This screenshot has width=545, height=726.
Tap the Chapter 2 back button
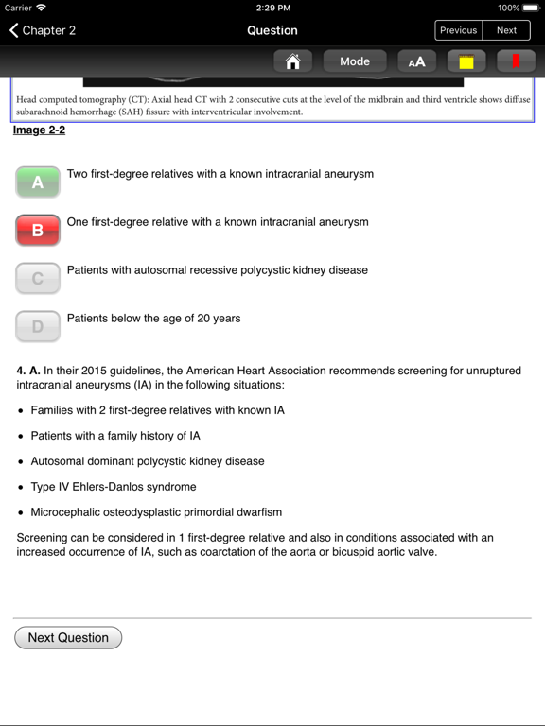43,30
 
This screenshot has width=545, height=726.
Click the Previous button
459,30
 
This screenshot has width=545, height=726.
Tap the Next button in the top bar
507,30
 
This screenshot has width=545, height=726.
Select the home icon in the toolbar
293,61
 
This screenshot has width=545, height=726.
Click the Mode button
355,61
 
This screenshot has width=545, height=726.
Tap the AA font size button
416,61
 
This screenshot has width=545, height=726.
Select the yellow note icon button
466,61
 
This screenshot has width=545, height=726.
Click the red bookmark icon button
516,61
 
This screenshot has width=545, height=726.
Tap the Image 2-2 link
39,130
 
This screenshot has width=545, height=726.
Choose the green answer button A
38,181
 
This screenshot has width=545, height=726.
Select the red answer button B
38,230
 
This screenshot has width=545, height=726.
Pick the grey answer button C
38,278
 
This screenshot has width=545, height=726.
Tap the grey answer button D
38,326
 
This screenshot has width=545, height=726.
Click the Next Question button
68,638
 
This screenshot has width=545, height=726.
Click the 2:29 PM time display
272,8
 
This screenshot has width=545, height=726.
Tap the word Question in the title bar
272,30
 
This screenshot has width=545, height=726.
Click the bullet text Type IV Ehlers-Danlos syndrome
114,487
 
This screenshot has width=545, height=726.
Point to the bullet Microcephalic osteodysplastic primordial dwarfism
156,512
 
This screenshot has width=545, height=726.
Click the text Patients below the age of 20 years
153,319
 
